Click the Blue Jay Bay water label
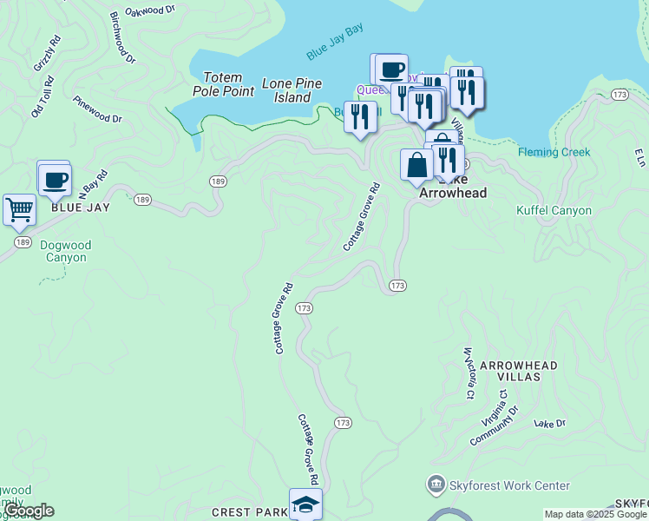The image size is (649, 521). click(334, 43)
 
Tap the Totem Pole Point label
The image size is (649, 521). click(222, 84)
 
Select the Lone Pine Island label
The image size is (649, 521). click(292, 90)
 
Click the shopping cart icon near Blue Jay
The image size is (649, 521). click(18, 209)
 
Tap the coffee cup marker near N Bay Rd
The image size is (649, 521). click(55, 180)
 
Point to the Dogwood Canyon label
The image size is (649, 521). click(63, 251)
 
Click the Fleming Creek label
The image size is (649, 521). click(554, 152)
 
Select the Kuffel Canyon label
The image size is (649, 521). click(554, 210)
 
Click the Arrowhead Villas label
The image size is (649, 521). click(519, 371)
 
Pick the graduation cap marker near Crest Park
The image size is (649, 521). click(305, 505)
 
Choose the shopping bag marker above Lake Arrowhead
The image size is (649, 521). click(416, 164)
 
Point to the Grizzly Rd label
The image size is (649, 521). click(47, 53)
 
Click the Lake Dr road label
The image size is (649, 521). click(549, 424)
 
